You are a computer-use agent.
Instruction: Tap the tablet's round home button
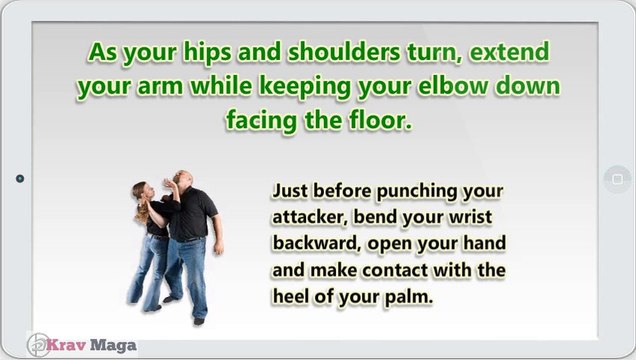pyautogui.click(x=616, y=179)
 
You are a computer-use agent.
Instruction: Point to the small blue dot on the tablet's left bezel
pyautogui.click(x=19, y=179)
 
